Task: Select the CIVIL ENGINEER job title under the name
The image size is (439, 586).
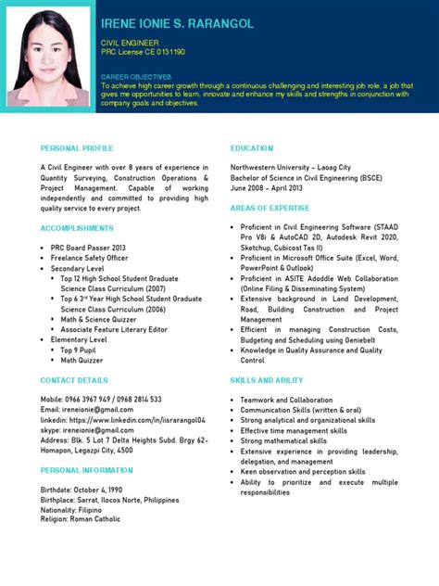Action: pyautogui.click(x=130, y=44)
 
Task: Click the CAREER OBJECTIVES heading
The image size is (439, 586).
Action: pyautogui.click(x=136, y=76)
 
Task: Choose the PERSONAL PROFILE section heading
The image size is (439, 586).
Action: pyautogui.click(x=77, y=148)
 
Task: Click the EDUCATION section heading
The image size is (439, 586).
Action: pyautogui.click(x=252, y=148)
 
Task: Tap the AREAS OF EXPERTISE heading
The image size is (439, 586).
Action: pyautogui.click(x=270, y=209)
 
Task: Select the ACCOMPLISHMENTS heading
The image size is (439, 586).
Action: pyautogui.click(x=77, y=228)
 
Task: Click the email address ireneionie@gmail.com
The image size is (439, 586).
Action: pyautogui.click(x=87, y=383)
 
